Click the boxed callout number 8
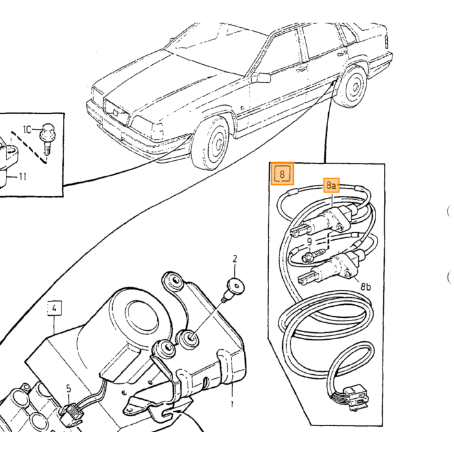(x=282, y=174)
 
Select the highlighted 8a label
(x=331, y=185)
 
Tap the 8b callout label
(x=366, y=287)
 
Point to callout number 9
(x=309, y=242)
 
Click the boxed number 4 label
(x=54, y=309)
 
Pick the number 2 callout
(x=235, y=259)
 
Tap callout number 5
(x=68, y=388)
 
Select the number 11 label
(x=22, y=176)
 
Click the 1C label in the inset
(x=27, y=130)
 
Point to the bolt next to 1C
(x=48, y=139)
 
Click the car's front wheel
(x=211, y=143)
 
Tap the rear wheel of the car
(x=352, y=86)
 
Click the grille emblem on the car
(x=115, y=112)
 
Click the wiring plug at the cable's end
(x=354, y=396)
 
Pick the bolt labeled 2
(x=234, y=288)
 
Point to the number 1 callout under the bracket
(x=232, y=403)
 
